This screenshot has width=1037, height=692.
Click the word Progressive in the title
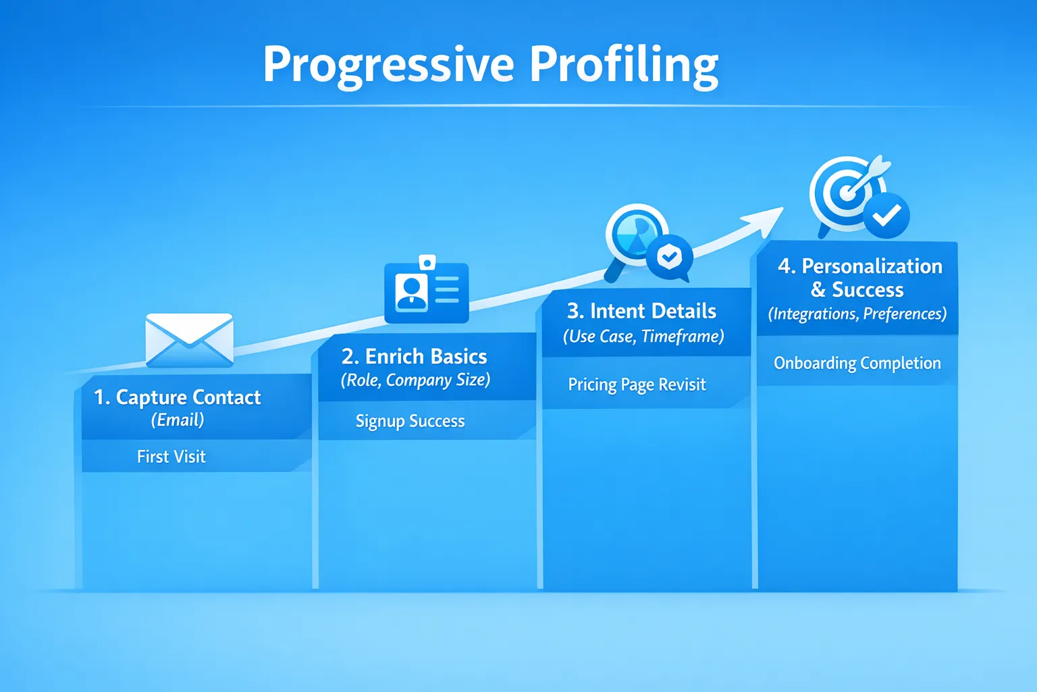[388, 65]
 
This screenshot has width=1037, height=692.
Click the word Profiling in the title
[624, 65]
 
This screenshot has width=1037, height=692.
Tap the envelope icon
[190, 340]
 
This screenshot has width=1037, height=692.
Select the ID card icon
[426, 291]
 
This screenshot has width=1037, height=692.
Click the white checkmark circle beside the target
[886, 216]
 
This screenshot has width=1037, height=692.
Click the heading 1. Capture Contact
[177, 397]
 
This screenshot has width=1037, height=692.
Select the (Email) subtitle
[178, 420]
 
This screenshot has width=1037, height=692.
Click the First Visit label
[171, 457]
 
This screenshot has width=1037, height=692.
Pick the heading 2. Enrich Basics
[414, 356]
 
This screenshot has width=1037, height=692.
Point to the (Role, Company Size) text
[415, 380]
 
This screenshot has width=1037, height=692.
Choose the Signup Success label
[410, 421]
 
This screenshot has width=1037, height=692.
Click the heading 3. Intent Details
[641, 311]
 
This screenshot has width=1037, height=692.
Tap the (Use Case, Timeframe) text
[643, 337]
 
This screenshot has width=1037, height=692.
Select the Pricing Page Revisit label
[637, 385]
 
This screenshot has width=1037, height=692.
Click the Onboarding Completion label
[857, 363]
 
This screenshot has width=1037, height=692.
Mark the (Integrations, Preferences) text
[857, 314]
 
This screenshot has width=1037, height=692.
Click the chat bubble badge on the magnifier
[670, 257]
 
